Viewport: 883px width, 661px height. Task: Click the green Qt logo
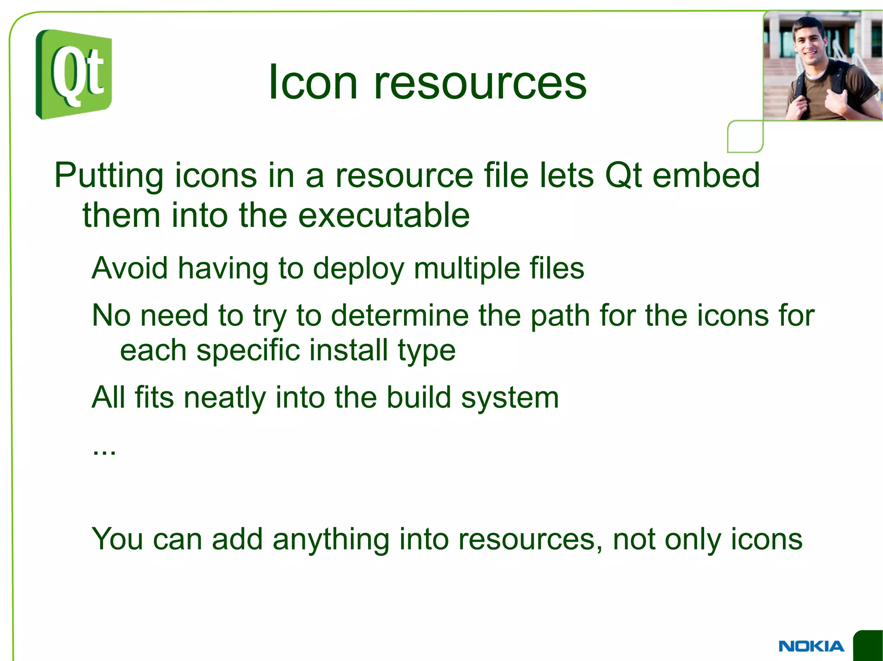[74, 74]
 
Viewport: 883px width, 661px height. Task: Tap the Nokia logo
[811, 646]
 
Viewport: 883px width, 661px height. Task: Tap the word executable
[384, 215]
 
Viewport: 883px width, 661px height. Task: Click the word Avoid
[130, 268]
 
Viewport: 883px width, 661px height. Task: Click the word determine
[400, 315]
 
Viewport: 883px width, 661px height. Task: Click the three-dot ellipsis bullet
[104, 453]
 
